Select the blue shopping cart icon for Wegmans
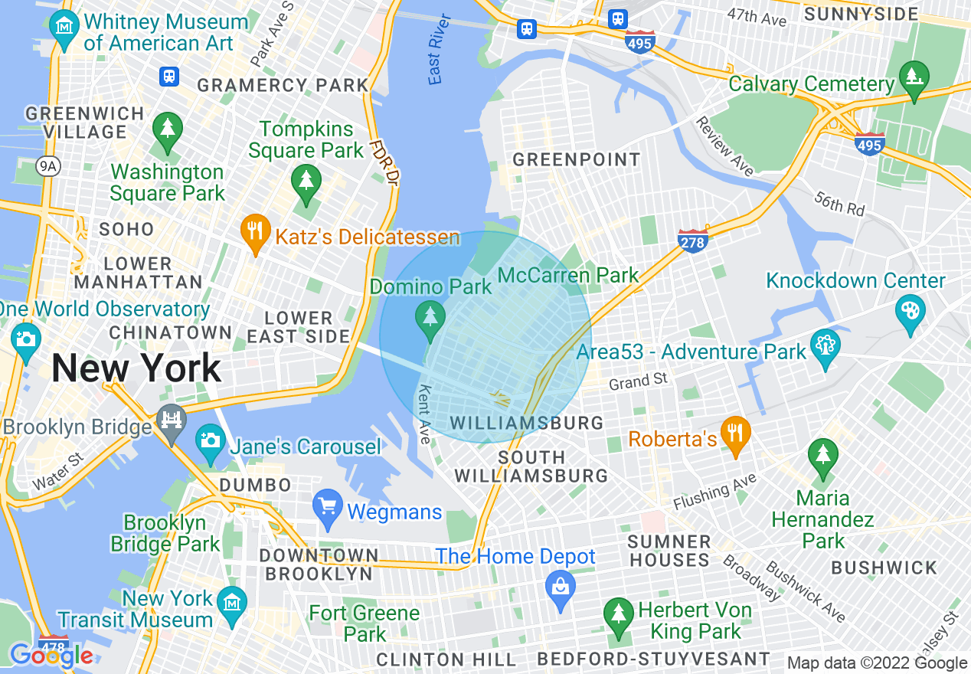coord(329,506)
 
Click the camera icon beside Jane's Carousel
coord(210,441)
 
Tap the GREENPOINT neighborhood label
coord(577,160)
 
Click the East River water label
coord(439,59)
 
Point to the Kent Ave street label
coord(423,414)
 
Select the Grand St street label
coord(639,380)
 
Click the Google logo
coord(51,656)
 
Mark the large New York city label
coord(136,368)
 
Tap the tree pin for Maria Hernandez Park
coord(822,455)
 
